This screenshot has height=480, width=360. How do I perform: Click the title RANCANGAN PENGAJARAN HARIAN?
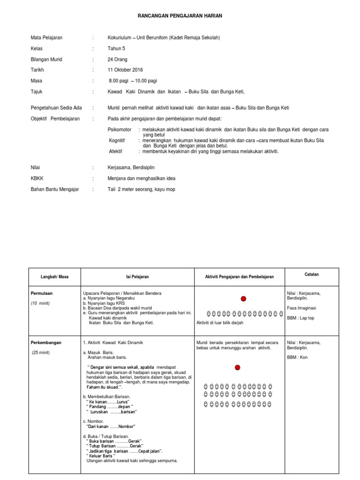tap(180, 16)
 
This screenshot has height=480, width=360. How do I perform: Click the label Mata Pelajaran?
tap(46, 37)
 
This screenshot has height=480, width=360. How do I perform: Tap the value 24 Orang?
tap(117, 60)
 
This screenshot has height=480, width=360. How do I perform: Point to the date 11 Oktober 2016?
tap(125, 70)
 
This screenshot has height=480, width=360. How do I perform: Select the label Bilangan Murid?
tap(46, 60)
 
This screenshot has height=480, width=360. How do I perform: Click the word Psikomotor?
tap(120, 129)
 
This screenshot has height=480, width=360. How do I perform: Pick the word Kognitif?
tap(117, 140)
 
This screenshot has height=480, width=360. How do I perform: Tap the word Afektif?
tap(116, 151)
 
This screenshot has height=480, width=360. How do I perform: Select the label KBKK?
tap(37, 179)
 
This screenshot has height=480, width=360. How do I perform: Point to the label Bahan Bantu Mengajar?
tap(55, 189)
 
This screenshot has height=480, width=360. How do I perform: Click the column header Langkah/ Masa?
tap(55, 277)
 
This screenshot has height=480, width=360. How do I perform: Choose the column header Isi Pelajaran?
tap(137, 277)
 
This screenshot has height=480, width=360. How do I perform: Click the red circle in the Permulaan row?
tap(243, 299)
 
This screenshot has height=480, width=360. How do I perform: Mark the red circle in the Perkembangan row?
tap(237, 367)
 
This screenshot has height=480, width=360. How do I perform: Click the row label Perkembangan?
tap(46, 343)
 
